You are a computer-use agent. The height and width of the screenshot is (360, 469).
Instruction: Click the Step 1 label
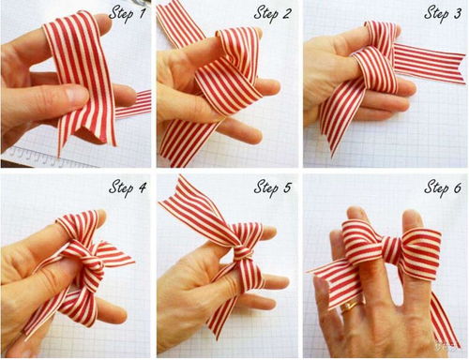(x=127, y=14)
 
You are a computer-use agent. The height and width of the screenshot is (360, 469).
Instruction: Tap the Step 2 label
(x=273, y=14)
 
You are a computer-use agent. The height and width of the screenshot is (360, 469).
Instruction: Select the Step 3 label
(x=443, y=14)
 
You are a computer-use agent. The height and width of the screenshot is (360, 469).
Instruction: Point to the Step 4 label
(x=128, y=187)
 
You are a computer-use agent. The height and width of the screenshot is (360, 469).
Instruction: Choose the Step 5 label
(x=273, y=187)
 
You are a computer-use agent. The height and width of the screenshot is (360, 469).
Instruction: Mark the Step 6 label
(x=443, y=187)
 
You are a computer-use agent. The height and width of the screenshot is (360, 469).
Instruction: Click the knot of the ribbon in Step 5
(x=241, y=252)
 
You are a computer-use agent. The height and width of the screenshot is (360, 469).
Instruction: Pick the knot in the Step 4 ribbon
(x=91, y=261)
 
